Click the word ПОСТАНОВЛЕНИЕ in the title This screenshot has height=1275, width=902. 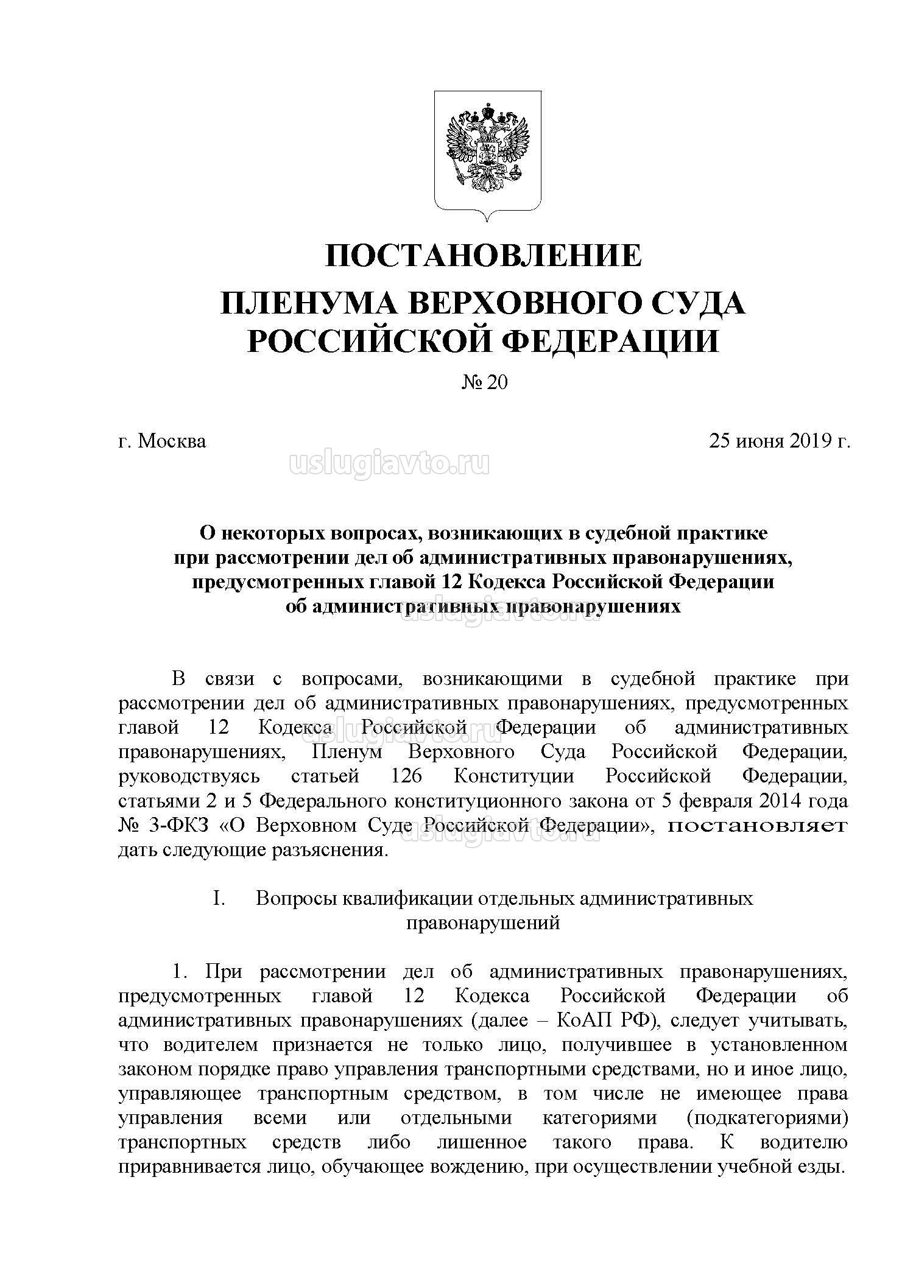pyautogui.click(x=483, y=255)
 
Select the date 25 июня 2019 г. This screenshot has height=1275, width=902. pyautogui.click(x=779, y=440)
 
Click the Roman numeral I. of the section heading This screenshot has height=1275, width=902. pyautogui.click(x=219, y=898)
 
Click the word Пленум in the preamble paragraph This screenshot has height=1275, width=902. pyautogui.click(x=347, y=752)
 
